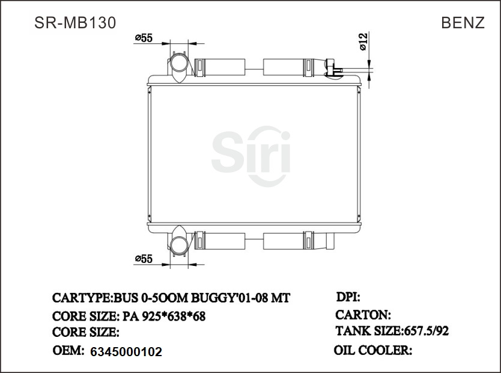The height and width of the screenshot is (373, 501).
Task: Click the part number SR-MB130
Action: [x=75, y=22]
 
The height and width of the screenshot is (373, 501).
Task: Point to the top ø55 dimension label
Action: [x=144, y=38]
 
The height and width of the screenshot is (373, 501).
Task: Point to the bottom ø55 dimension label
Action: [x=144, y=259]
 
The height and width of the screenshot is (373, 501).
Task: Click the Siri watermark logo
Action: [x=251, y=155]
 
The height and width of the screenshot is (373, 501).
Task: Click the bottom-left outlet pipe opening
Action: [x=178, y=244]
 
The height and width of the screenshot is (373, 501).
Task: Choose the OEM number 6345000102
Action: [x=126, y=352]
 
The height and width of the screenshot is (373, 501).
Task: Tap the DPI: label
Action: [x=347, y=297]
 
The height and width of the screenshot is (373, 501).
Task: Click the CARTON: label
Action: [x=363, y=315]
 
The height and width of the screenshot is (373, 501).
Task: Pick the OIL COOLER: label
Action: [x=372, y=350]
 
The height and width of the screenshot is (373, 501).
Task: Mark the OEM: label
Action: [x=68, y=350]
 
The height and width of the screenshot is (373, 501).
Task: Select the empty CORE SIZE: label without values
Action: [x=86, y=332]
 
